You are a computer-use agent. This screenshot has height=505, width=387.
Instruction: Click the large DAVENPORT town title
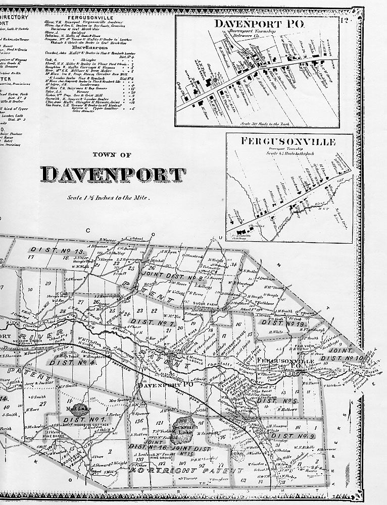[113, 175]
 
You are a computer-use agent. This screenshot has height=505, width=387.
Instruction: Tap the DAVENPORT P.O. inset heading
[257, 23]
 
